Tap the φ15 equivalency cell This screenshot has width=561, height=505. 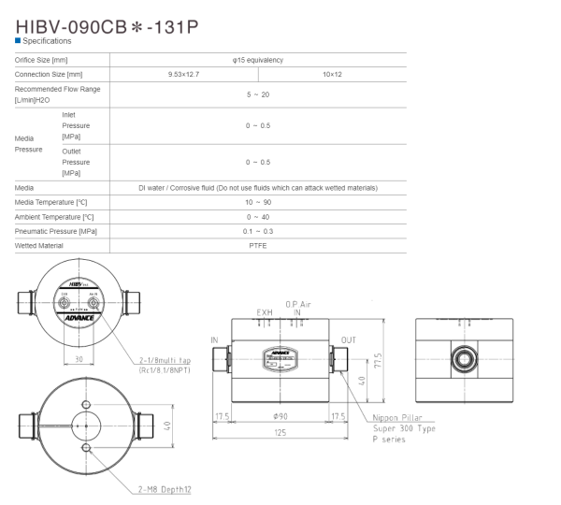pos(258,60)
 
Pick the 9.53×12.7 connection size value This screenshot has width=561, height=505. pos(184,73)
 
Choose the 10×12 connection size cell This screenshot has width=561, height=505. pos(332,73)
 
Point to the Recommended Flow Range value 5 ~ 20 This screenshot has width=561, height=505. pos(258,94)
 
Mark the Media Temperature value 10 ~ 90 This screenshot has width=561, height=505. pos(258,202)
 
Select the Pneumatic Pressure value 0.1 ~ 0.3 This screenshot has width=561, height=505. pos(258,231)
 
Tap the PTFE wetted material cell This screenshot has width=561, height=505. pos(258,245)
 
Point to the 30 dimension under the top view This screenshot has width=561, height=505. pos(79,359)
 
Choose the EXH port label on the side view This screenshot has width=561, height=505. pos(265,313)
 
